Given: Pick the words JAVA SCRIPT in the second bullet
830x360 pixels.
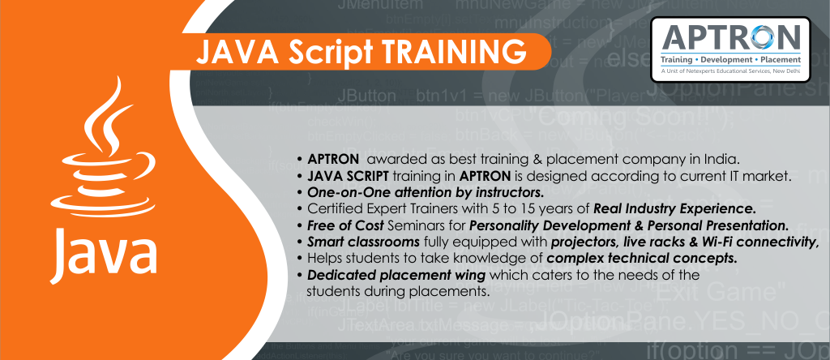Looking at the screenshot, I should (343, 174).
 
